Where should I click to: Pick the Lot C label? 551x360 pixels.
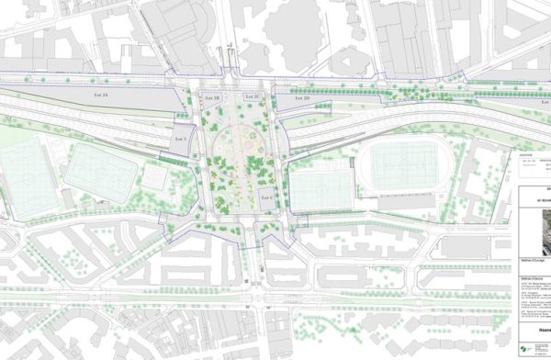(267, 198)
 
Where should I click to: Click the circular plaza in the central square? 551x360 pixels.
(242, 147)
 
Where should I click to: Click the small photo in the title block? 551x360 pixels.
(532, 231)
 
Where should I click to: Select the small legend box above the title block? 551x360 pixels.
(528, 165)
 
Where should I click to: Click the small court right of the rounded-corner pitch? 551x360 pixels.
(153, 174)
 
